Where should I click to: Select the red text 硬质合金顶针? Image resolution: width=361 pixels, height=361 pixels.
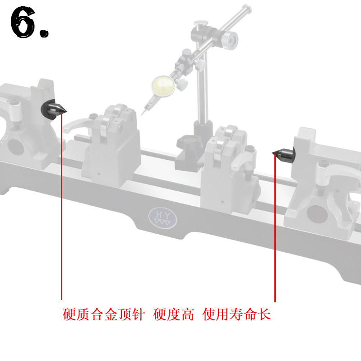point(104,315)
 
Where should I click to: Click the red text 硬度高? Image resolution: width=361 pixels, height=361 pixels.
point(174,315)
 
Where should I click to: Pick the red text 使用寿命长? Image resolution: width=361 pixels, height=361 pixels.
point(237,315)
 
